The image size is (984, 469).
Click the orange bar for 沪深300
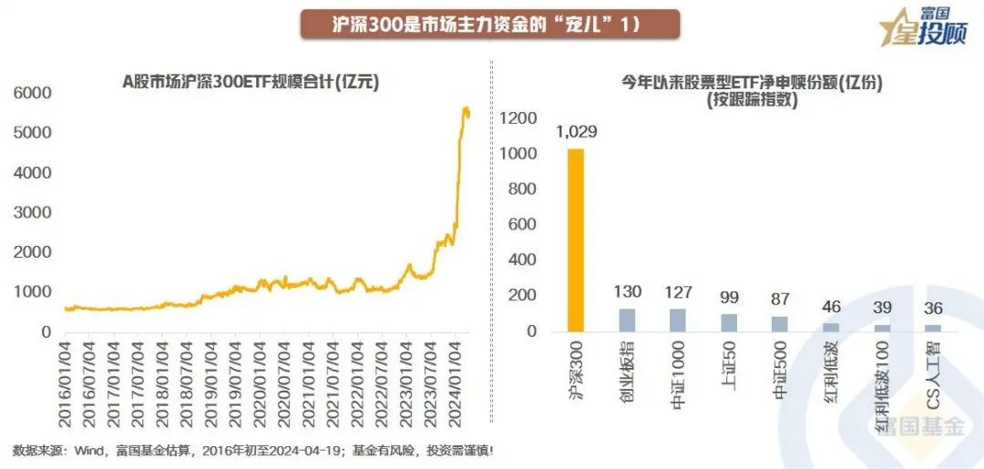(x=575, y=240)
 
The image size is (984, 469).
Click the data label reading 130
(x=628, y=292)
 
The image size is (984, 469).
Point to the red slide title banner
(x=490, y=25)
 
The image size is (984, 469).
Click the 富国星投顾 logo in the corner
(x=922, y=27)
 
